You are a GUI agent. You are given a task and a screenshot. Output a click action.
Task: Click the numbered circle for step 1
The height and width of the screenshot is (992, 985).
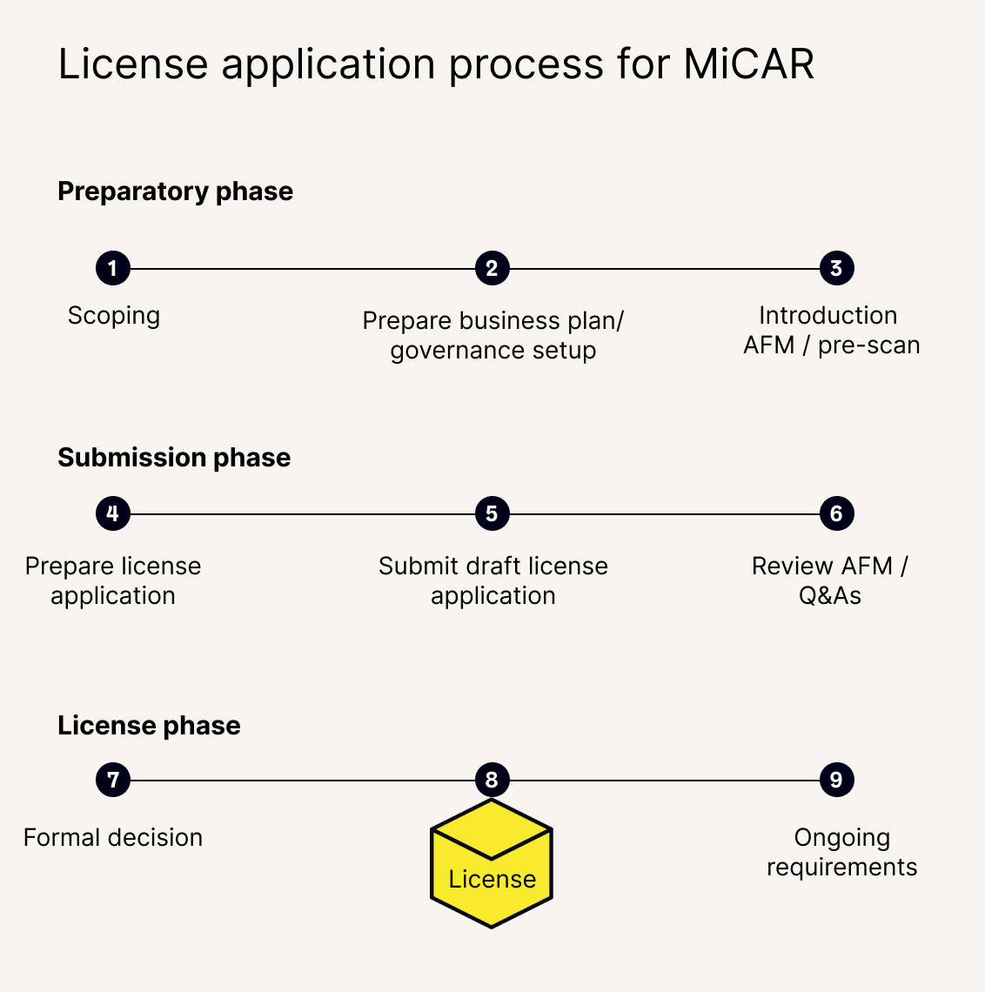(x=113, y=268)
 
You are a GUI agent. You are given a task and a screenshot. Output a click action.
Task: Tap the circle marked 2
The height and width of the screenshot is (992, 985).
(x=492, y=268)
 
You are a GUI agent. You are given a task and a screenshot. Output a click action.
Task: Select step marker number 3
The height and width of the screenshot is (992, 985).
(x=836, y=268)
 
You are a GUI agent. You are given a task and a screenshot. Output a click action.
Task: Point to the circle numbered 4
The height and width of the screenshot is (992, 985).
(x=113, y=513)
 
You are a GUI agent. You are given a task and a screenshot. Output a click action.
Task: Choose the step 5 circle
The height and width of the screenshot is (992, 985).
(x=492, y=513)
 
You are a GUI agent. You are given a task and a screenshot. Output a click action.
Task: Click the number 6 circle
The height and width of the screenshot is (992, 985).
(x=836, y=513)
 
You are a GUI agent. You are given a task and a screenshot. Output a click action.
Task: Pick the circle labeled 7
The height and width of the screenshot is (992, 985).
(x=113, y=780)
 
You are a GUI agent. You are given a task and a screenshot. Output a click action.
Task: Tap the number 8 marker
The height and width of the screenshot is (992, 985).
(x=492, y=780)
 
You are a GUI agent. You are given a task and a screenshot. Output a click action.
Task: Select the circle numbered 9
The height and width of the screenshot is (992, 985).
(x=836, y=780)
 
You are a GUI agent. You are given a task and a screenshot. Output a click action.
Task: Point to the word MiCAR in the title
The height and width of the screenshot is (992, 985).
(x=748, y=64)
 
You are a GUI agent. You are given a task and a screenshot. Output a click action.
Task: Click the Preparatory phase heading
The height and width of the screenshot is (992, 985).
(x=175, y=191)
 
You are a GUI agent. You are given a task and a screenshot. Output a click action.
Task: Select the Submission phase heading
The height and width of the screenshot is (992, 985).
(x=174, y=458)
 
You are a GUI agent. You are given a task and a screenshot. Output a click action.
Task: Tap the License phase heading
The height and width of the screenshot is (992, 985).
(x=149, y=726)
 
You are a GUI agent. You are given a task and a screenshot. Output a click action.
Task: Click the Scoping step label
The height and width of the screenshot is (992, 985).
(x=114, y=315)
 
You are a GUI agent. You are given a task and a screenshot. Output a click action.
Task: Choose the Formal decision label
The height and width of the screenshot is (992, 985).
(x=113, y=837)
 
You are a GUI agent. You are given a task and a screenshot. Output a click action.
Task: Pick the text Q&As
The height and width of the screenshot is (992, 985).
(x=830, y=596)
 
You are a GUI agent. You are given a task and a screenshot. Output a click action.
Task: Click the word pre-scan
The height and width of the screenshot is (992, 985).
(x=868, y=345)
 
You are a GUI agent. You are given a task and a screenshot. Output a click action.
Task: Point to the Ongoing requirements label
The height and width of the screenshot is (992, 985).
(x=841, y=852)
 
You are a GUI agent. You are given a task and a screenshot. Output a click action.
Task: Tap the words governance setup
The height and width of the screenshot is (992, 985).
(x=493, y=351)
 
